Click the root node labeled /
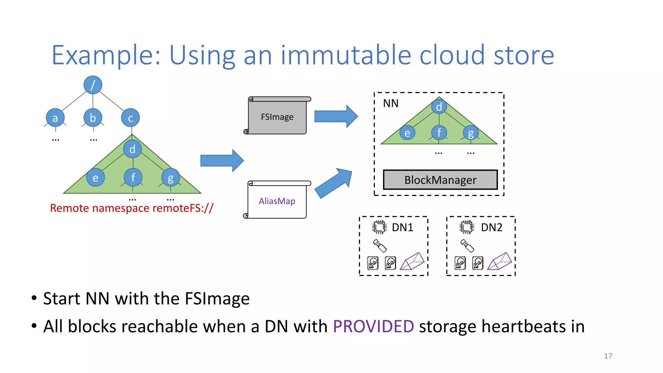(x=93, y=85)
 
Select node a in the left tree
(x=55, y=118)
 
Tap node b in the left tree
(x=93, y=118)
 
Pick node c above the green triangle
(x=130, y=118)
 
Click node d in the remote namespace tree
(x=132, y=149)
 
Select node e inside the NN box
(x=407, y=133)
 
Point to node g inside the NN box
(x=471, y=133)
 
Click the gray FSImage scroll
(x=277, y=117)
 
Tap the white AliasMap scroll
(x=277, y=201)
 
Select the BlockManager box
(x=440, y=180)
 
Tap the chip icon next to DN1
(x=379, y=227)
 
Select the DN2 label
(x=491, y=227)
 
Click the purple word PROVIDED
(x=373, y=326)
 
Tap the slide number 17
(x=608, y=356)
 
